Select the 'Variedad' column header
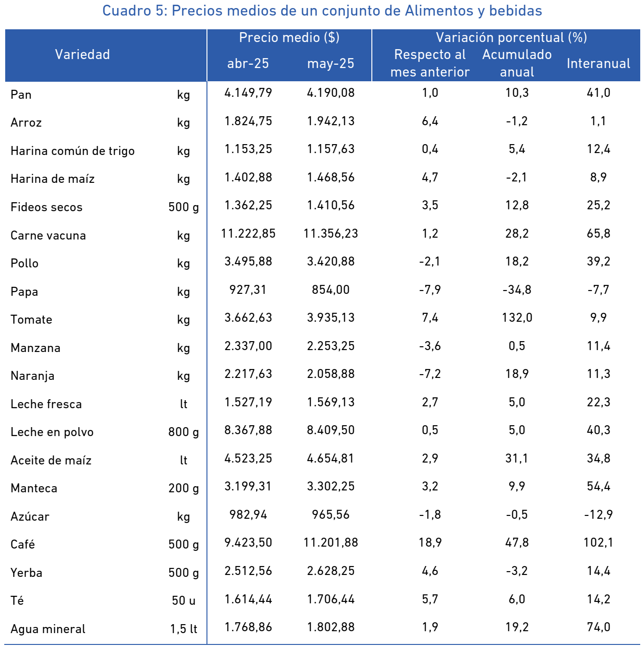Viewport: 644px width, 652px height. click(83, 54)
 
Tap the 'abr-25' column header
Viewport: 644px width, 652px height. click(248, 63)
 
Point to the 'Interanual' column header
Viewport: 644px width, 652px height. click(598, 63)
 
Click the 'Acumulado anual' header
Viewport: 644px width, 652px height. click(517, 63)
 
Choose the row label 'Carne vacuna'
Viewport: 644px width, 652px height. click(48, 235)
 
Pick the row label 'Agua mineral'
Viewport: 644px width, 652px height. click(48, 629)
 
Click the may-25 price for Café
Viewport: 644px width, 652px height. click(331, 543)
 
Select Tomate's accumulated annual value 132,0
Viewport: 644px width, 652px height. click(517, 317)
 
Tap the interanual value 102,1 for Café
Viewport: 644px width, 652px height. click(598, 543)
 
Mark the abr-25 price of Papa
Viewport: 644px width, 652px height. click(248, 290)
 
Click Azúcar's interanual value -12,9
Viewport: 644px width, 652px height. click(598, 515)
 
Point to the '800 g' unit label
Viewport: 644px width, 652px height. click(183, 432)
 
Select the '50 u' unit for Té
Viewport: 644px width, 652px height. click(183, 601)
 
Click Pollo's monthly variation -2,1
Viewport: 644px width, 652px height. click(429, 262)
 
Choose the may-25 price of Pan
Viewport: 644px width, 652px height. click(331, 93)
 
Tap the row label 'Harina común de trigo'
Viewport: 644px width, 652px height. click(72, 151)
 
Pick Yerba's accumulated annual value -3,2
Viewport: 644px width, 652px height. click(517, 571)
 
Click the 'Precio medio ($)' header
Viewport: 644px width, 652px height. click(289, 37)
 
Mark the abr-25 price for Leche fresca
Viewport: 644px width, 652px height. click(248, 402)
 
